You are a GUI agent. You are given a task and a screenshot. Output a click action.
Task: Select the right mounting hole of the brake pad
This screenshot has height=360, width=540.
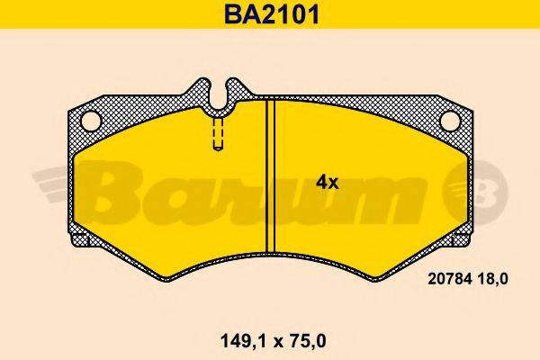(x=446, y=120)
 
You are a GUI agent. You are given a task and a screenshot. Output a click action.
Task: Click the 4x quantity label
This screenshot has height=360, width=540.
(x=327, y=182)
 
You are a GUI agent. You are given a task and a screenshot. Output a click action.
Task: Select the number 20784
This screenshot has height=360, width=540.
(x=442, y=280)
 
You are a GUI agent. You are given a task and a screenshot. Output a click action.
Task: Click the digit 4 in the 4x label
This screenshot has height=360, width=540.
(x=321, y=182)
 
